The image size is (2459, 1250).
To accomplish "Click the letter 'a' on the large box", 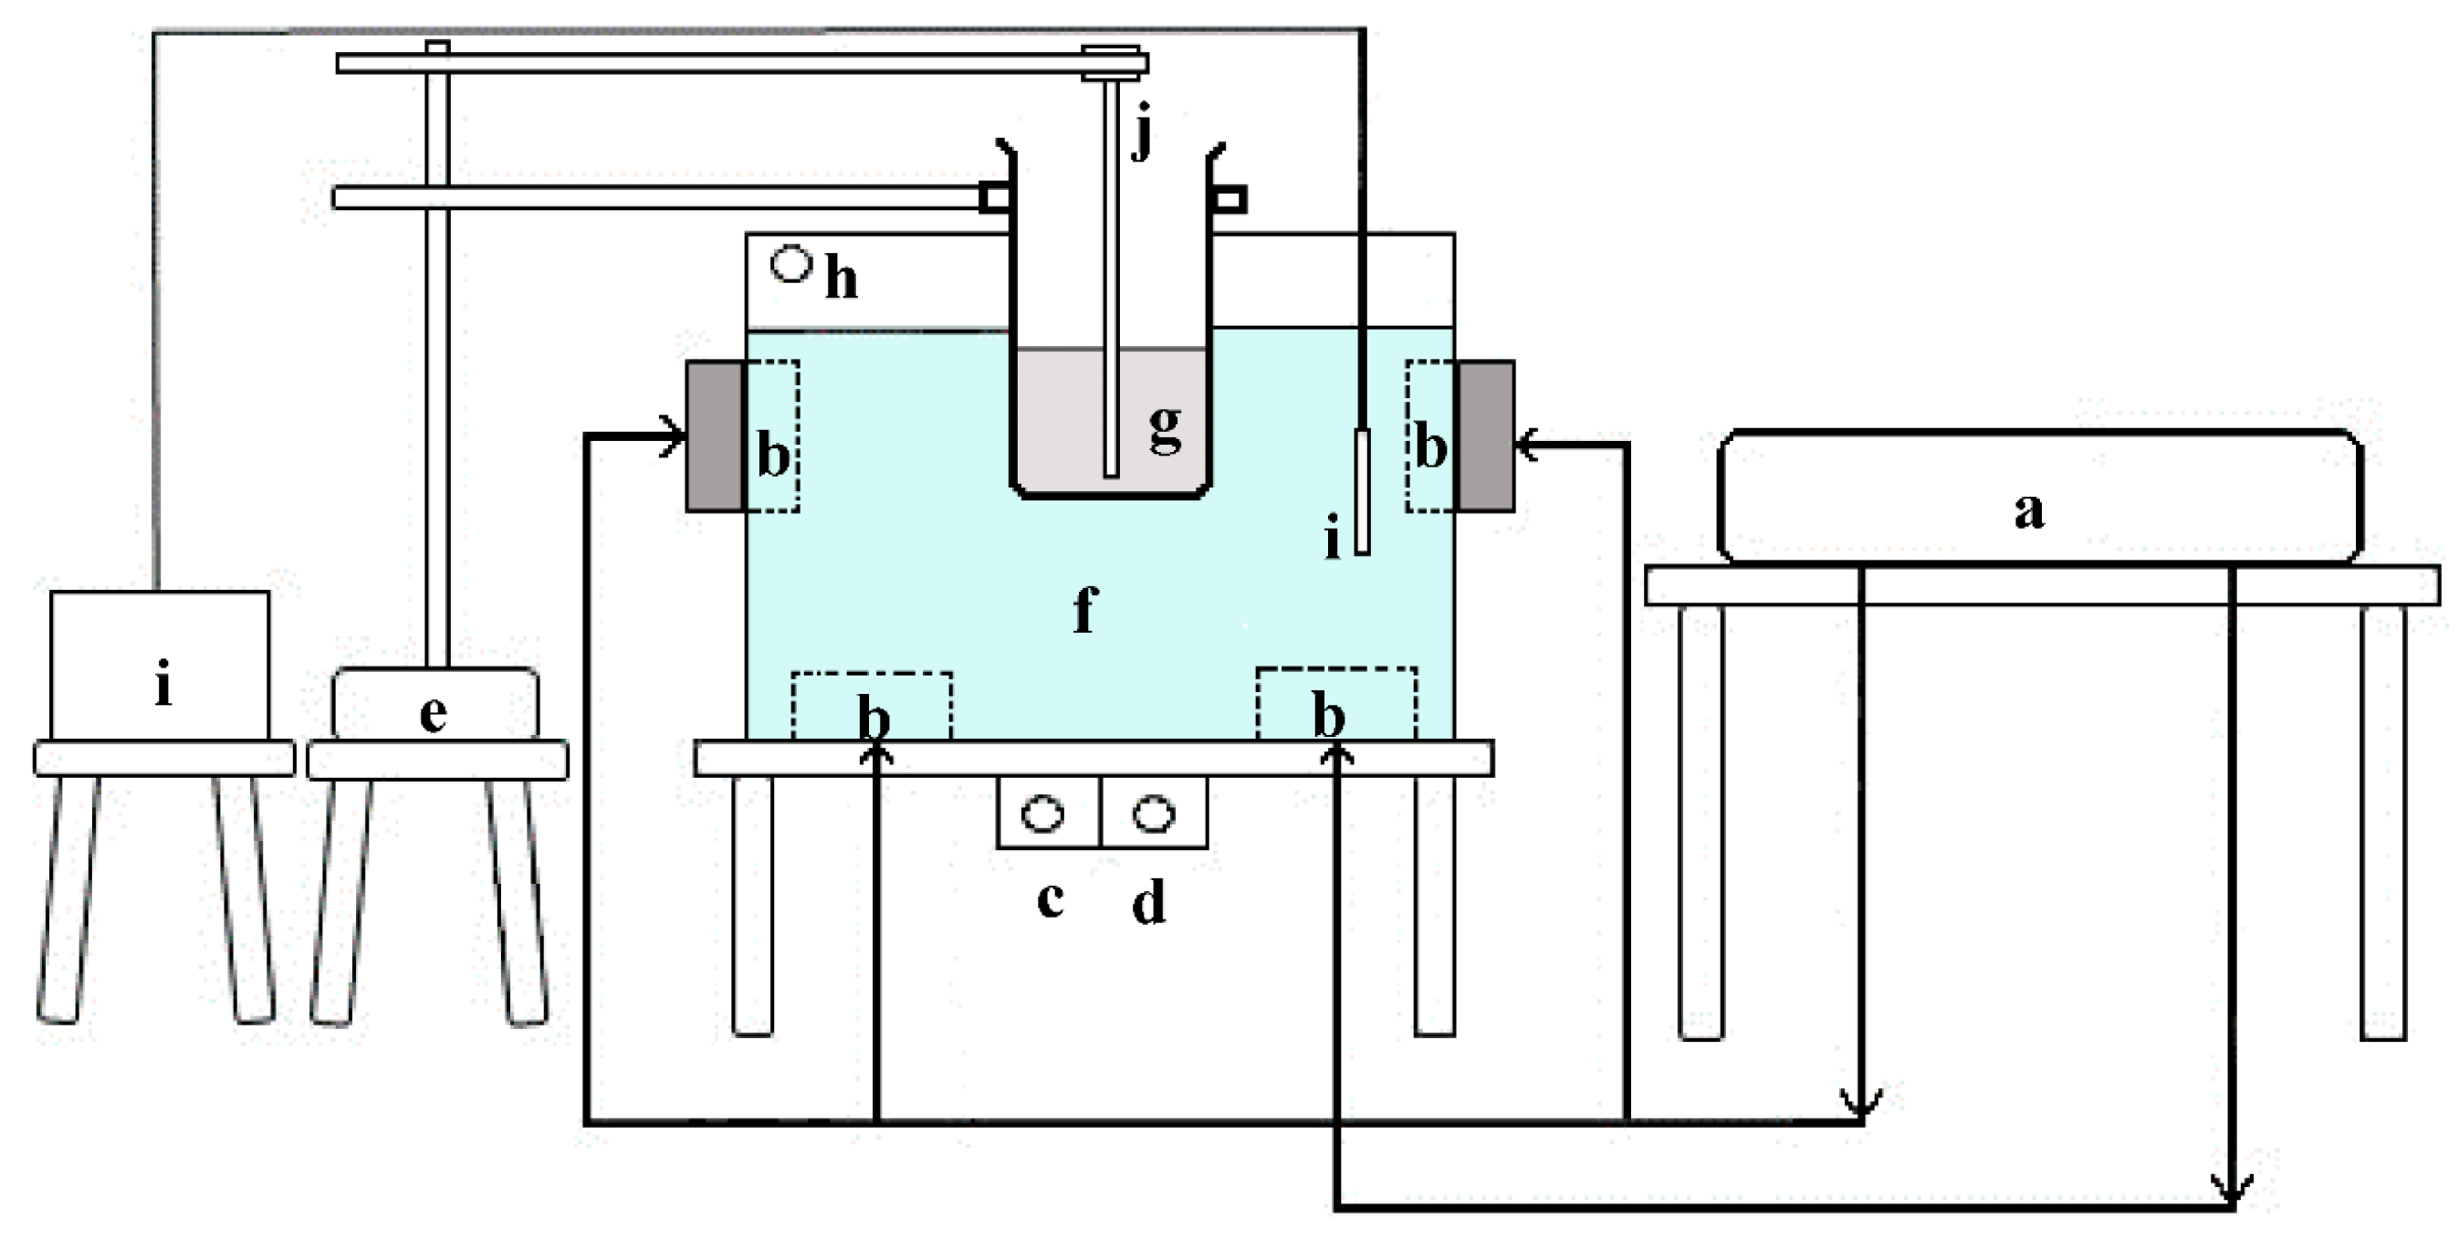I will coord(2028,511).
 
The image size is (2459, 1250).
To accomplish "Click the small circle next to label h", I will coord(791,264).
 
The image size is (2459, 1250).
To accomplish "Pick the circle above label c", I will coord(1042,814).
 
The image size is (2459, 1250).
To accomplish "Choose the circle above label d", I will coord(1154,814).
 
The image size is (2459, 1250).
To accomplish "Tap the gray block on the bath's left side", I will coord(713,436).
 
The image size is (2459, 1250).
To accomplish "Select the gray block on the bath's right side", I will coord(1485,436).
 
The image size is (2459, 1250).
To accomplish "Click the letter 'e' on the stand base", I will coord(434,714).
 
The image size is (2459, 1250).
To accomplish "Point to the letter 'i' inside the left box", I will coord(164,686).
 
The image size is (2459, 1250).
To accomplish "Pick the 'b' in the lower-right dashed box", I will coord(1330,715).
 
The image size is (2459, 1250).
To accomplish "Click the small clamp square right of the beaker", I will coord(1230,200).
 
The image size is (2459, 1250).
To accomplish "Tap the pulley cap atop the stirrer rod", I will coord(1112,61).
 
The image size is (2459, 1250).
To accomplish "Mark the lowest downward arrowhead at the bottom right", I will coord(2232,1192).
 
